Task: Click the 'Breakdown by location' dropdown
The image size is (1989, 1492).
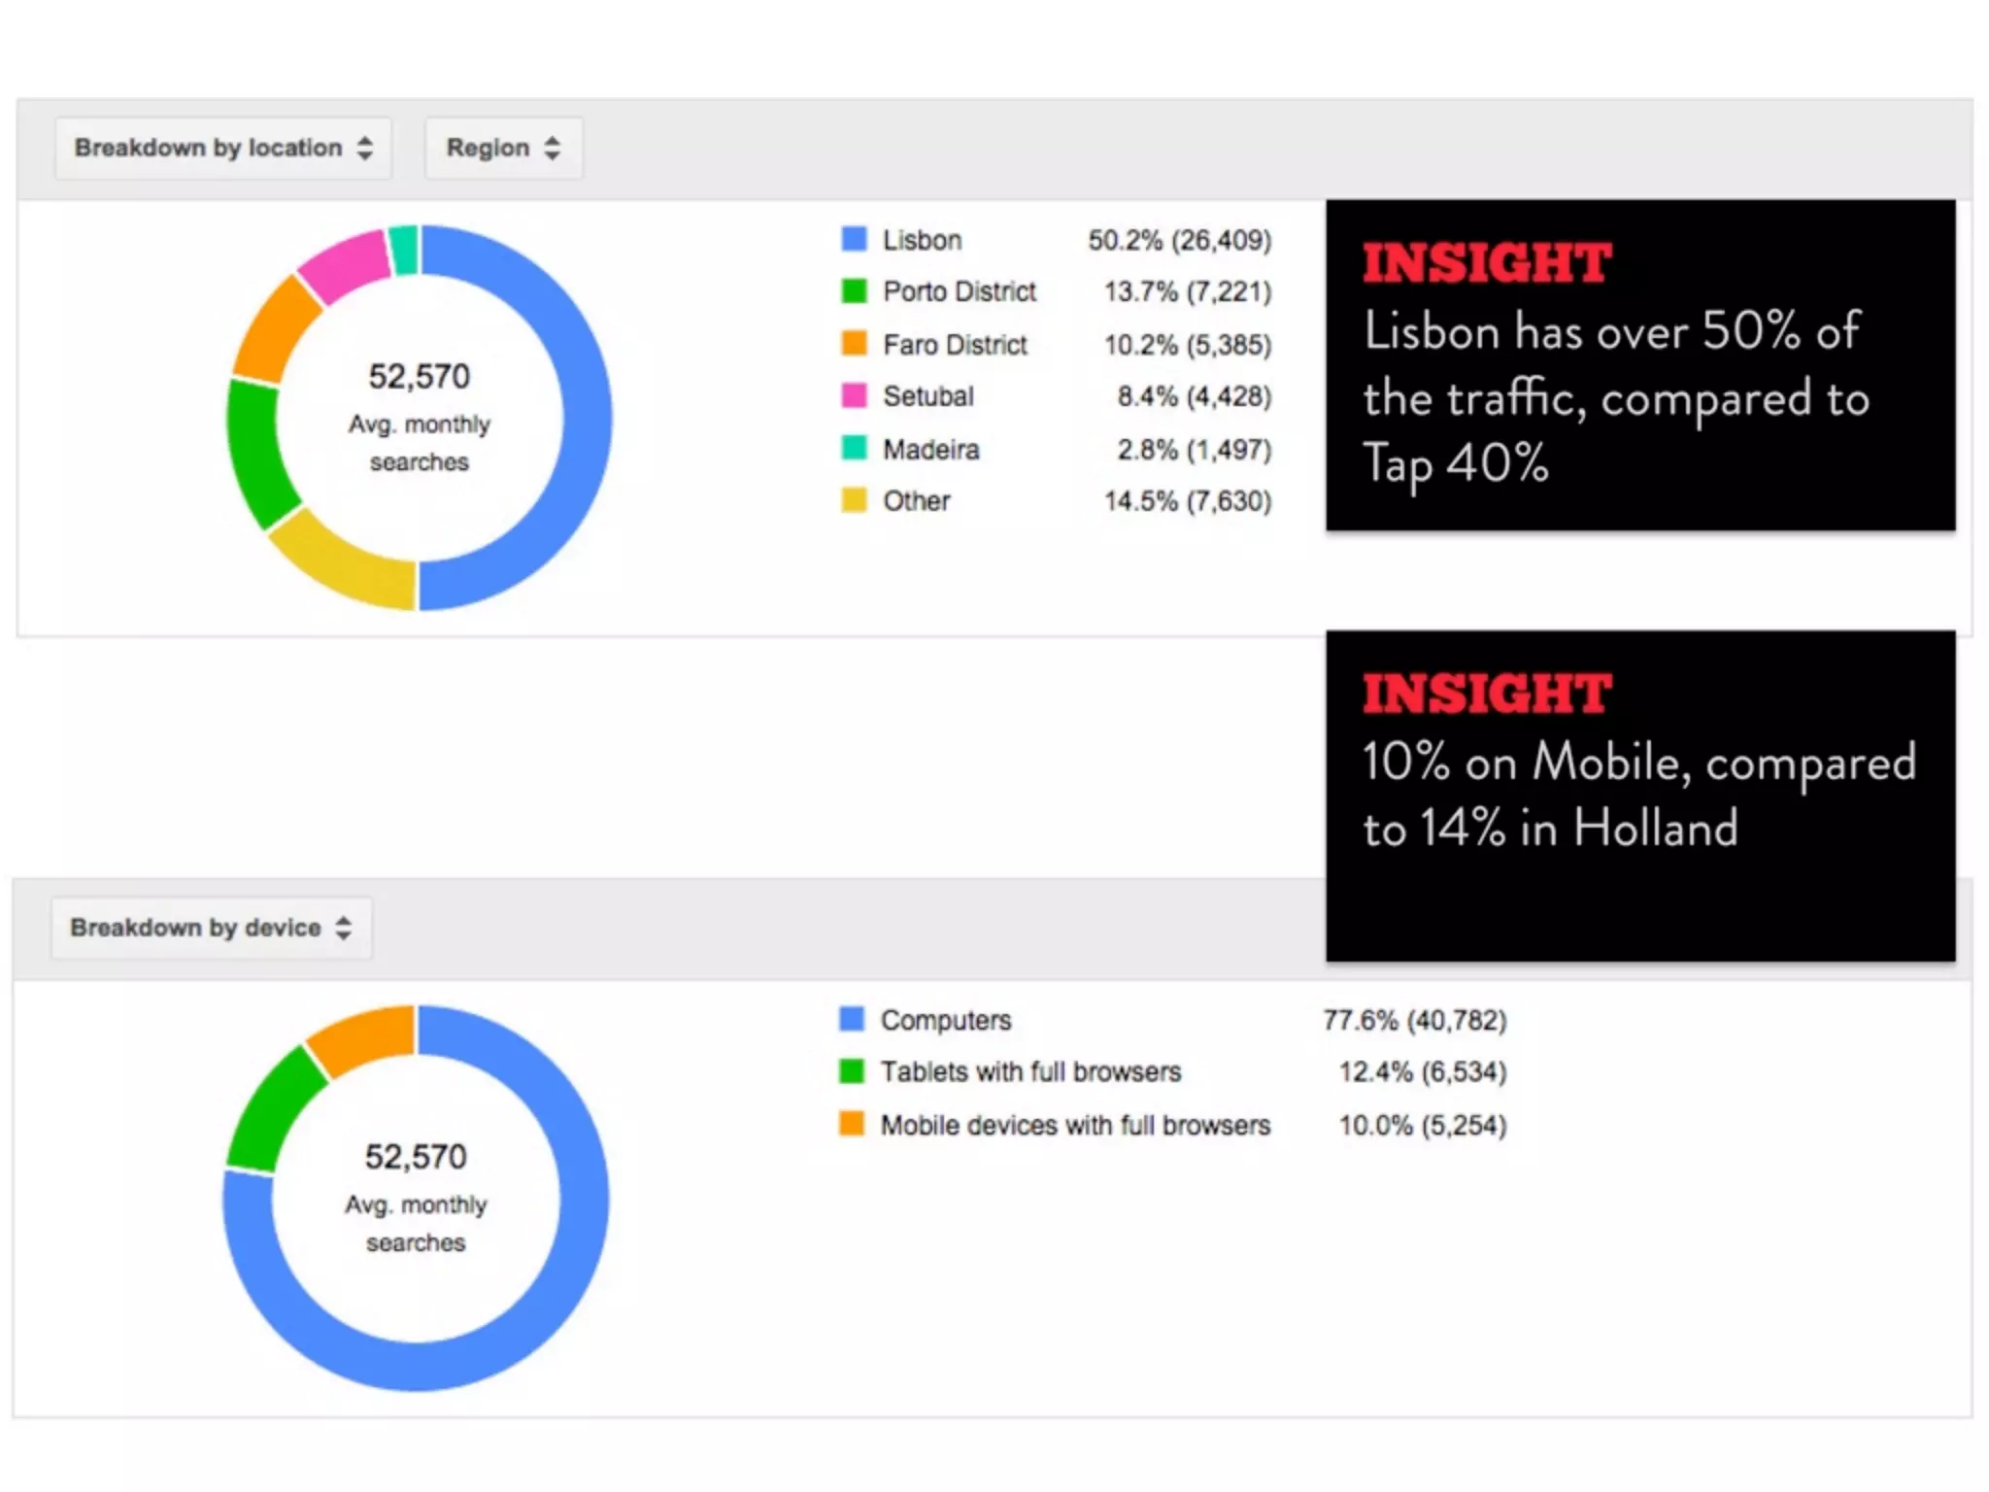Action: (223, 148)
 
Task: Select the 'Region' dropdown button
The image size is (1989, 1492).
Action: (503, 148)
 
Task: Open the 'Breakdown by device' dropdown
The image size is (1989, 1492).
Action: (211, 928)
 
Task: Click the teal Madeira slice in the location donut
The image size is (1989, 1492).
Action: (404, 250)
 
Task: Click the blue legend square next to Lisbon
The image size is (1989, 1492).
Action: (854, 239)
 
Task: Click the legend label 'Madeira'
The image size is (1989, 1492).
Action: (930, 450)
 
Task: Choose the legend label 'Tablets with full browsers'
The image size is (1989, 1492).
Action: (1030, 1072)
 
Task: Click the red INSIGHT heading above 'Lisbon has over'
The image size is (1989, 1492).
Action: (1486, 263)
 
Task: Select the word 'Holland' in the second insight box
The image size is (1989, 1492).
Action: (1655, 829)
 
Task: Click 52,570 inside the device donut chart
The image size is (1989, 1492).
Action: (416, 1157)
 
